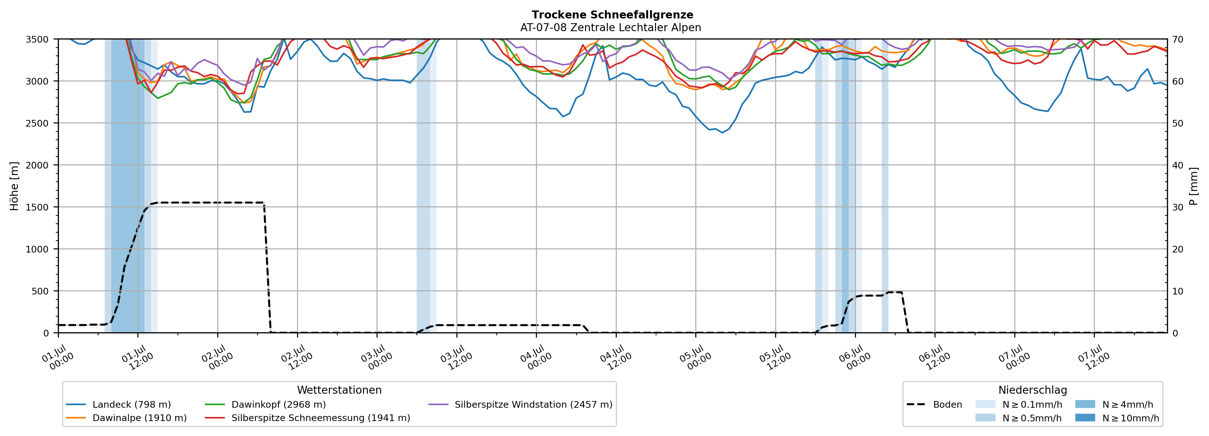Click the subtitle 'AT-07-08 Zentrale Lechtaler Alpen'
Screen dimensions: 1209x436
coord(611,28)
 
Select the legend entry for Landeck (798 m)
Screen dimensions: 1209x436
coord(118,405)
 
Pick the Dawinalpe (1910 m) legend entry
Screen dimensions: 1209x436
coord(126,418)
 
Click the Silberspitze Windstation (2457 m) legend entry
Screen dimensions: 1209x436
coord(520,405)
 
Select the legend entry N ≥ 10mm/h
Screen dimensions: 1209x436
coord(1117,418)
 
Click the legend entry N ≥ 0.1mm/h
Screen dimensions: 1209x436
coord(1018,405)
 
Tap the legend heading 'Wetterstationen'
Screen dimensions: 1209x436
coord(339,390)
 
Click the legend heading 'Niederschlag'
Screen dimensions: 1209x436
coord(1032,390)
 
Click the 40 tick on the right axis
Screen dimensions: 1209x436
coord(1178,165)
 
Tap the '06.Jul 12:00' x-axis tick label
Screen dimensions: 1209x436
coord(935,358)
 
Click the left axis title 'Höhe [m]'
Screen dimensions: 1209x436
coord(15,186)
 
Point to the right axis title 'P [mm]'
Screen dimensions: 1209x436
coord(1194,186)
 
